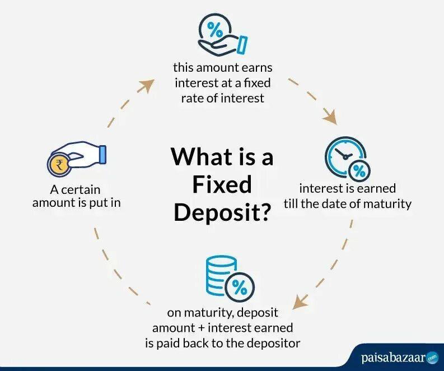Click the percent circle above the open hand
[214, 27]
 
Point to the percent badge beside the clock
[359, 169]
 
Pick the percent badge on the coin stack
[239, 287]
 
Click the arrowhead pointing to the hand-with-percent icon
[147, 85]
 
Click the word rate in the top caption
[192, 98]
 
